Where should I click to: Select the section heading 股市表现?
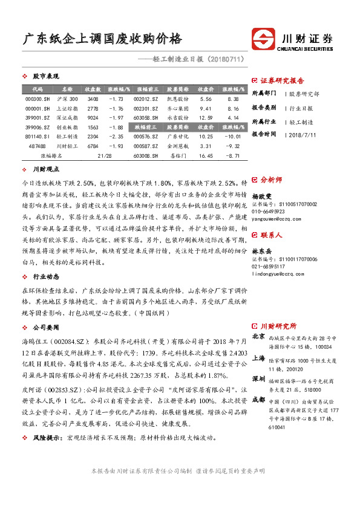[45, 77]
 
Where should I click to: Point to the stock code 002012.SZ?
[145, 99]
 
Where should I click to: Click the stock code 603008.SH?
[145, 155]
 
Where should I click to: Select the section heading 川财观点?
[46, 170]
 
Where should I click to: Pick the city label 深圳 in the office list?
[258, 378]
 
